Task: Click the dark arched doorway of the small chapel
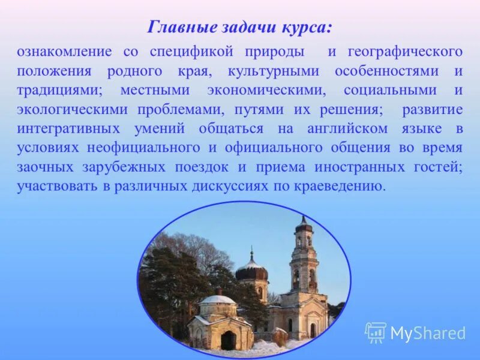click(228, 340)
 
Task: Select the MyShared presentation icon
click(376, 332)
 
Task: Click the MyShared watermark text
click(428, 333)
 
